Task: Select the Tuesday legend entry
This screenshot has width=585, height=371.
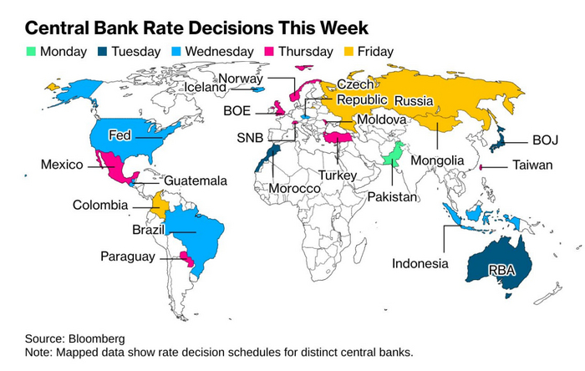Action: [128, 52]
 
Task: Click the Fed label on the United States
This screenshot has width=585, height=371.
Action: [120, 135]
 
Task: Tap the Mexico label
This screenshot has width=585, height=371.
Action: [62, 165]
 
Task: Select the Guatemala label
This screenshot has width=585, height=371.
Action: [195, 180]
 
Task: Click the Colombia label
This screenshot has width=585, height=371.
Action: [100, 205]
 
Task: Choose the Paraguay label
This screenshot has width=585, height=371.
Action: [127, 257]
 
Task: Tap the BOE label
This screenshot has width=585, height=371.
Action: [242, 109]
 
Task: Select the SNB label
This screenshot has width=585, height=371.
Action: [251, 137]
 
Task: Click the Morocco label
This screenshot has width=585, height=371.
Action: [294, 190]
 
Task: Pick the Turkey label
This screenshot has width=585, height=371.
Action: [338, 175]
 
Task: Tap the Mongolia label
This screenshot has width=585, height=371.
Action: [439, 160]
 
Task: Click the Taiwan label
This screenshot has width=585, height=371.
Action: [532, 165]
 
